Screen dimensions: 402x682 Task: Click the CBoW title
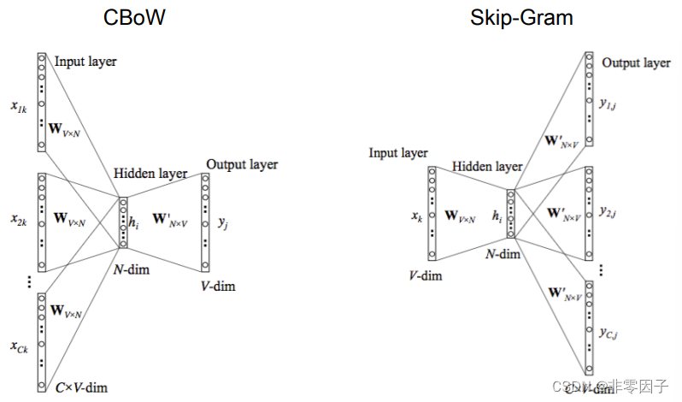(133, 19)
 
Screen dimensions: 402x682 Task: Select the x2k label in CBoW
(19, 220)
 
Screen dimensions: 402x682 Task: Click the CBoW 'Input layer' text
(85, 61)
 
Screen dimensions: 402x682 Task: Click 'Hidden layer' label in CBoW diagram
(150, 174)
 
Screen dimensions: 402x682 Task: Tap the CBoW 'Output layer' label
(242, 164)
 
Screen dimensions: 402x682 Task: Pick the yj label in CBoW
(222, 222)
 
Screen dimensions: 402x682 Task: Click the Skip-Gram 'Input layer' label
(397, 153)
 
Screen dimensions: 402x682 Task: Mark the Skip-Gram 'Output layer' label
(636, 62)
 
